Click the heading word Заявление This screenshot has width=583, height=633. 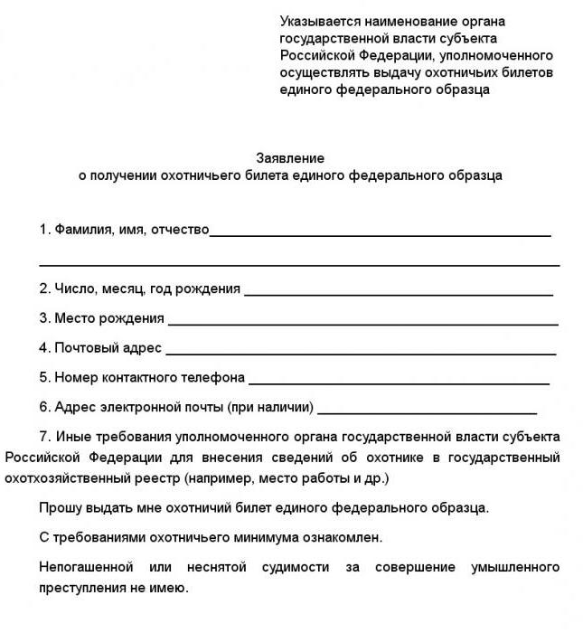(x=290, y=158)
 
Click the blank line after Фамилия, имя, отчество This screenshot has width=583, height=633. (x=380, y=235)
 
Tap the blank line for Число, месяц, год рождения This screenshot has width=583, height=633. (x=398, y=294)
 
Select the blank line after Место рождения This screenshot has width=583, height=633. (x=362, y=323)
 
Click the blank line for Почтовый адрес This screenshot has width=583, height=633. (x=361, y=353)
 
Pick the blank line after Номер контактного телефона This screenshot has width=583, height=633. (x=399, y=383)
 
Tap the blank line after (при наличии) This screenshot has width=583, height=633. (x=427, y=411)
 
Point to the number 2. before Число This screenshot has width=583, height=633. (x=44, y=289)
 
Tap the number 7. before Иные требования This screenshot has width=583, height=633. (x=46, y=437)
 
